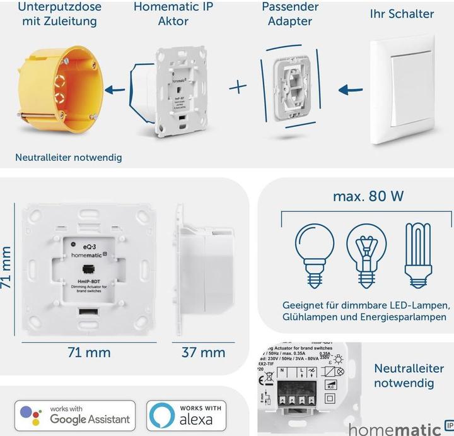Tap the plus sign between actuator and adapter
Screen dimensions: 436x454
(238, 86)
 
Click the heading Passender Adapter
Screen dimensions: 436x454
(289, 14)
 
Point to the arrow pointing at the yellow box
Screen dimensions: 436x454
(114, 90)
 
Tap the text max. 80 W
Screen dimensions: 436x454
(368, 196)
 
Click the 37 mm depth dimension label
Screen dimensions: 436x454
(203, 353)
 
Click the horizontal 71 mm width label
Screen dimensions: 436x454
(88, 353)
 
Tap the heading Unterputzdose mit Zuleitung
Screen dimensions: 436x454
(58, 14)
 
